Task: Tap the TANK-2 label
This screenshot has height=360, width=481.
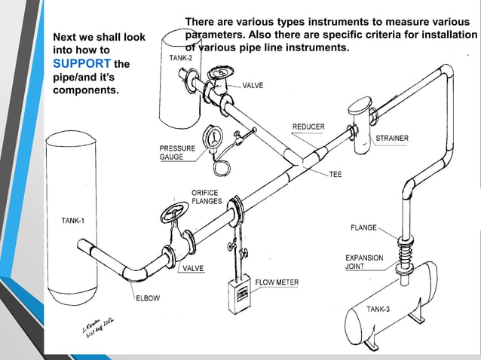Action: coord(181,58)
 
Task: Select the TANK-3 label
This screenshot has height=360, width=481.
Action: coord(378,310)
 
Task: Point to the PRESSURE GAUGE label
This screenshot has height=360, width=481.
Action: coord(177,152)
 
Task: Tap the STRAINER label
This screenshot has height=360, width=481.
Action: coord(392,139)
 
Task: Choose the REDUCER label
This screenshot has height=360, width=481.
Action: coord(308,126)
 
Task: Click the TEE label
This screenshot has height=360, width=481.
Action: coord(335,174)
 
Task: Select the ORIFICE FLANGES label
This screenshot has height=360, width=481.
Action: coord(206,197)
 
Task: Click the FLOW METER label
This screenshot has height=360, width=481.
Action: coord(277,282)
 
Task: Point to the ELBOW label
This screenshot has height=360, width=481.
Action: coord(148,298)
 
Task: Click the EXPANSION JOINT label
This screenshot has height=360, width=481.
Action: coord(364,262)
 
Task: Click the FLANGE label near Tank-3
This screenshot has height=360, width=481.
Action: coord(363,227)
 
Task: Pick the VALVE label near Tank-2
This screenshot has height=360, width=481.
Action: coord(253,86)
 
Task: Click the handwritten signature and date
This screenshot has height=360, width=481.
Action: coord(95,328)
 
